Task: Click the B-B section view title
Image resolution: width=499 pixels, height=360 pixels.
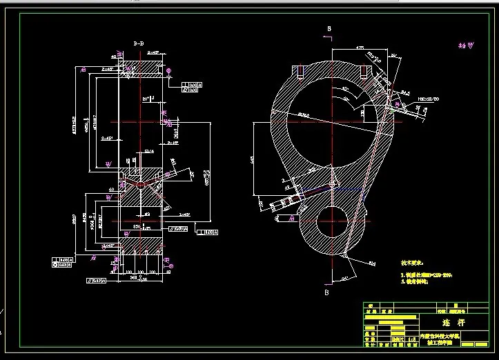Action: [x=138, y=43]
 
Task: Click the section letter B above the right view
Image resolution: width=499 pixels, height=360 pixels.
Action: [x=330, y=28]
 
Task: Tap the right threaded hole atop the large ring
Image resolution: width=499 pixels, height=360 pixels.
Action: [x=363, y=71]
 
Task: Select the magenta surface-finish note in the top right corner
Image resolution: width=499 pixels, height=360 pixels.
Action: [x=467, y=46]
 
